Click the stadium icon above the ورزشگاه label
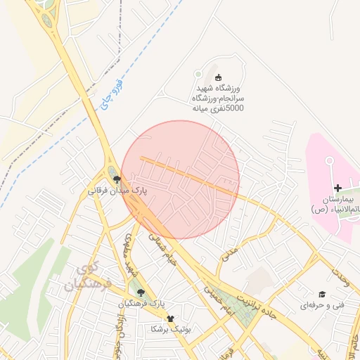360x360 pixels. coord(217,77)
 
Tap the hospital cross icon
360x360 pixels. coord(338,188)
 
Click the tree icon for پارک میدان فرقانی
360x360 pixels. coord(117,179)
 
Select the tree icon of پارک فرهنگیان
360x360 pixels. coord(141,292)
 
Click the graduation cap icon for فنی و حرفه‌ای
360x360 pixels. coord(322,294)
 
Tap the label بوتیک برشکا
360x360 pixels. coord(172,329)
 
